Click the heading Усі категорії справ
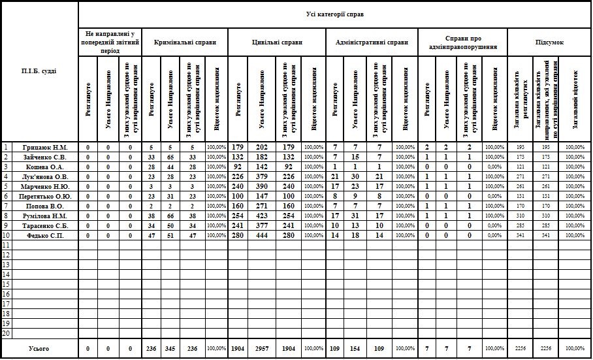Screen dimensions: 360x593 coord(334,14)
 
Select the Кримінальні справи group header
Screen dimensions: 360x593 coord(185,42)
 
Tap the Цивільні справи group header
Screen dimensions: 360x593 coord(277,42)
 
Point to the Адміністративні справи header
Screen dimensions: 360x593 coord(372,42)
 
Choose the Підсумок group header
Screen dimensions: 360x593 coord(549,42)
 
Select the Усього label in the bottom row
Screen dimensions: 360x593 coord(40,349)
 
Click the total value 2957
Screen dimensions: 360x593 coord(263,349)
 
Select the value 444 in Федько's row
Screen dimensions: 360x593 coord(263,235)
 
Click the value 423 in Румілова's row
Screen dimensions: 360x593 coord(263,215)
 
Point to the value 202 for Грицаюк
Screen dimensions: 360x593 coord(263,148)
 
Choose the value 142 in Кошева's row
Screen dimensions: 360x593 coord(263,167)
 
